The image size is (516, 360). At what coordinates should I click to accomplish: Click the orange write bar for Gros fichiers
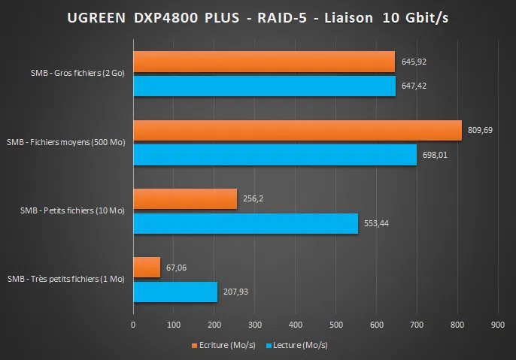pyautogui.click(x=263, y=62)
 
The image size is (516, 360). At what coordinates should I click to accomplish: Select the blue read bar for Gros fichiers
pyautogui.click(x=263, y=86)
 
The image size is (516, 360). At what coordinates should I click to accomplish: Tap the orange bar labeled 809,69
pyautogui.click(x=297, y=130)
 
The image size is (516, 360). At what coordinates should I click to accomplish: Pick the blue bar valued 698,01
pyautogui.click(x=275, y=155)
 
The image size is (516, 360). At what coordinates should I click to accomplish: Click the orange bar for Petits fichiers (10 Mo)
pyautogui.click(x=185, y=198)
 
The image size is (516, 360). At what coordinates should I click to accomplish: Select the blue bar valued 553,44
pyautogui.click(x=245, y=223)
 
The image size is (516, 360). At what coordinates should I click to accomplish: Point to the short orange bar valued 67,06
pyautogui.click(x=147, y=267)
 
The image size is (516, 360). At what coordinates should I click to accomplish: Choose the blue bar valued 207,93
pyautogui.click(x=175, y=292)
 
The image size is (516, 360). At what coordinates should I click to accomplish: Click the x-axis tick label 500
pyautogui.click(x=335, y=325)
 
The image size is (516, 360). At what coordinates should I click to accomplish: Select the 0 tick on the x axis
pyautogui.click(x=133, y=325)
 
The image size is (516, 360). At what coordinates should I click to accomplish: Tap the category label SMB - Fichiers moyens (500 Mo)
pyautogui.click(x=66, y=142)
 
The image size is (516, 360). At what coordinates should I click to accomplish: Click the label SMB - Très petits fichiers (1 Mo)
pyautogui.click(x=66, y=279)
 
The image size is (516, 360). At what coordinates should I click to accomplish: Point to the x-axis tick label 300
pyautogui.click(x=254, y=325)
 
